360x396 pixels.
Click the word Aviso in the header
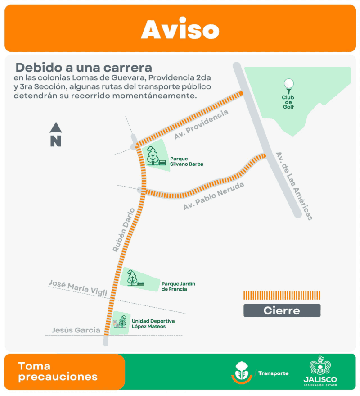tap(180, 29)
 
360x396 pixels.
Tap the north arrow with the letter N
tap(56, 135)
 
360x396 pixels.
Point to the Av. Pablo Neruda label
tap(214, 196)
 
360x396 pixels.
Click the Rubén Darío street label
tap(123, 230)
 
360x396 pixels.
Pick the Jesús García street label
tap(76, 330)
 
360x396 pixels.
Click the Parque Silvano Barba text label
tap(186, 161)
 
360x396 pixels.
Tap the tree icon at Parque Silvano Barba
tap(153, 155)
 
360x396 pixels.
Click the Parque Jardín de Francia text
tap(174, 286)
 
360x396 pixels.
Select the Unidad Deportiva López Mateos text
tap(153, 323)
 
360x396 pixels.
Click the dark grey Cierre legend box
tap(282, 310)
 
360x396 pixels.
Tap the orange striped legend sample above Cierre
tap(282, 295)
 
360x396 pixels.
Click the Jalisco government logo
tap(320, 372)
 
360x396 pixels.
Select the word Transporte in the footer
tap(274, 373)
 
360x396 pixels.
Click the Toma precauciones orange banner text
tap(58, 372)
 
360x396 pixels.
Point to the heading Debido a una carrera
tap(84, 68)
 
